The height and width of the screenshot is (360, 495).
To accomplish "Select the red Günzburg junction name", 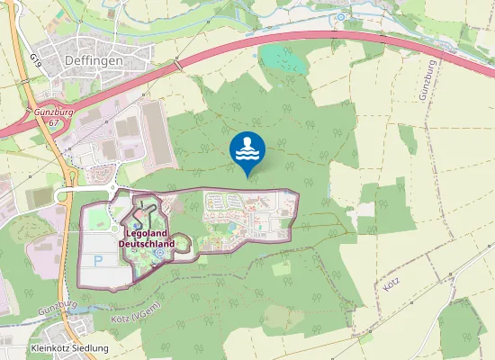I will coord(54,112).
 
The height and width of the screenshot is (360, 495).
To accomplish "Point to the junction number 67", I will coord(54,121).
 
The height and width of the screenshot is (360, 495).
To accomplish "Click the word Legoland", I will coord(147,233).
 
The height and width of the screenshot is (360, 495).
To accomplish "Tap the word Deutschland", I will coord(147,242).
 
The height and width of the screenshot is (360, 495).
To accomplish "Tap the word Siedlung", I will coord(93,348).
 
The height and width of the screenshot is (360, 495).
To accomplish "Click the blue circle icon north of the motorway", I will coord(342,16).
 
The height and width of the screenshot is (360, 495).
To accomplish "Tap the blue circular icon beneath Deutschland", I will coord(159,255).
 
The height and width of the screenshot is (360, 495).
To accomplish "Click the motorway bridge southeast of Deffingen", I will coord(178,65).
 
